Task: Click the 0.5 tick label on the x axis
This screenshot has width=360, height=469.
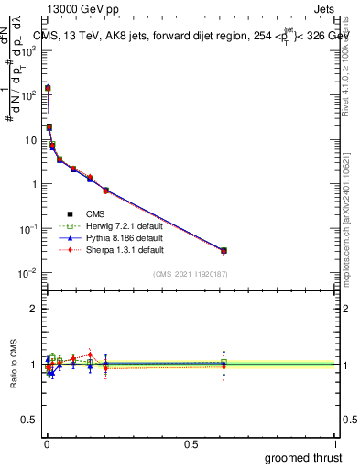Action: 191,443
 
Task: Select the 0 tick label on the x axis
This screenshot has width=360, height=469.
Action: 47,443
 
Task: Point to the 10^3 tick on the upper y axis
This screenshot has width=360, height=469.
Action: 30,50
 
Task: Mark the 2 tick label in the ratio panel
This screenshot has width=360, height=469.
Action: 35,309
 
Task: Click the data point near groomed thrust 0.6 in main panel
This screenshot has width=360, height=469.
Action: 224,250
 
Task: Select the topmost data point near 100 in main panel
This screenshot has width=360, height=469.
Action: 48,89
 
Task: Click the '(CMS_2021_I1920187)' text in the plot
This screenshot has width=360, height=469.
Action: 190,274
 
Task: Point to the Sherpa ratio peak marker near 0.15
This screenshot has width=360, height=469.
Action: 90,354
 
